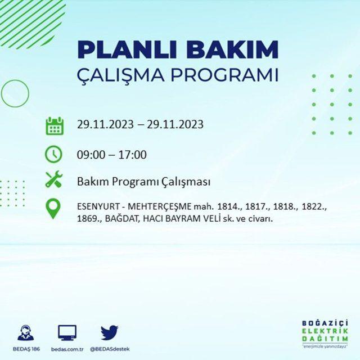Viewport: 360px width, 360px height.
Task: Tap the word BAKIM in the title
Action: coord(232,49)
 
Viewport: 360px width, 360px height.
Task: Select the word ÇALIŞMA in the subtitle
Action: coord(120,74)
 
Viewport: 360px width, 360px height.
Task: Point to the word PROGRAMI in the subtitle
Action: coord(224,74)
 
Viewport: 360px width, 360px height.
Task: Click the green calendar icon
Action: coord(55,126)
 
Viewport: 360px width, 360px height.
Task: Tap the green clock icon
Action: coord(53,154)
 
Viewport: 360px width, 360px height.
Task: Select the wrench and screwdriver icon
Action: coord(54,179)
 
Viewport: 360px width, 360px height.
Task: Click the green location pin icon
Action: coord(53,209)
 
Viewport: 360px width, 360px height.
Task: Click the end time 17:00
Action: coord(133,155)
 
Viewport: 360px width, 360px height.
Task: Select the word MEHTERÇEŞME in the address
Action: coord(159,207)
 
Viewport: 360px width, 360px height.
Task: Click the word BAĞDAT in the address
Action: coord(121,219)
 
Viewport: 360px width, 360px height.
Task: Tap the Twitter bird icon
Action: coord(110,332)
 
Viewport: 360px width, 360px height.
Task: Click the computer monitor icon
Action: coord(67,332)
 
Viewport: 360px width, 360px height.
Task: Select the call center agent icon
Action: coord(26,332)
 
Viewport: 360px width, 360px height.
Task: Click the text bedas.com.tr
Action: coord(67,349)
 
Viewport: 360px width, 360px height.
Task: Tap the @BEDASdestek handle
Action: coord(110,349)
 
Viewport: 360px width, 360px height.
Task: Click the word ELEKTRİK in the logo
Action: coord(325,331)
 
